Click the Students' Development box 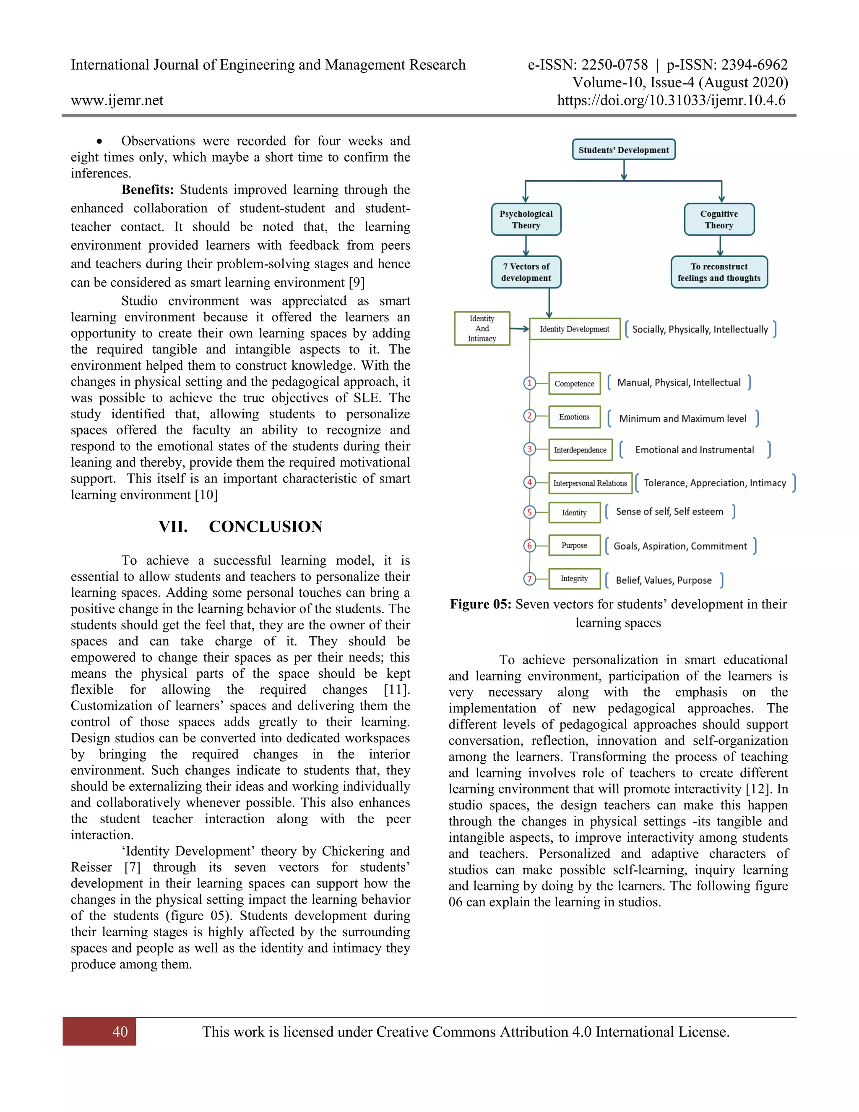623,150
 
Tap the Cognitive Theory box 718,219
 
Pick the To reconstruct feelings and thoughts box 718,272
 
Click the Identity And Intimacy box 482,329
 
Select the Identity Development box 574,329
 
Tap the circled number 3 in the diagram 529,449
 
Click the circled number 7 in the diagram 529,579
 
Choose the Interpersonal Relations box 589,483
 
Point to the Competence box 574,384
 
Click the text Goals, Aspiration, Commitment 680,546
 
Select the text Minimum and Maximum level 682,418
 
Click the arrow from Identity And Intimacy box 519,329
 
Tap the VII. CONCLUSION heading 240,527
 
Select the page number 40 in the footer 120,1031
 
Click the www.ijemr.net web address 117,100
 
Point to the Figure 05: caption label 480,604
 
